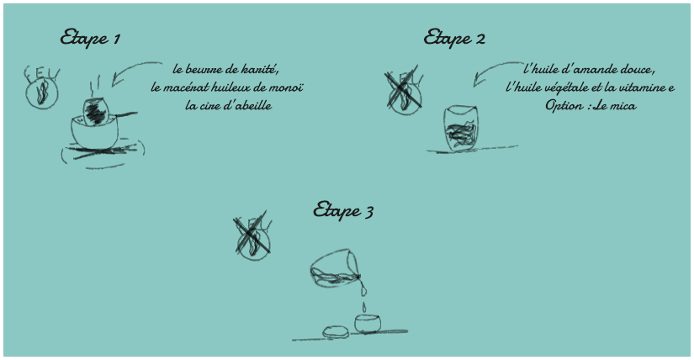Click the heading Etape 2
click(455, 38)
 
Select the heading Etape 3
click(343, 209)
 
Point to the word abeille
click(253, 106)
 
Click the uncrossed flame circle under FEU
click(40, 95)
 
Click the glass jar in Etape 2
click(459, 129)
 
